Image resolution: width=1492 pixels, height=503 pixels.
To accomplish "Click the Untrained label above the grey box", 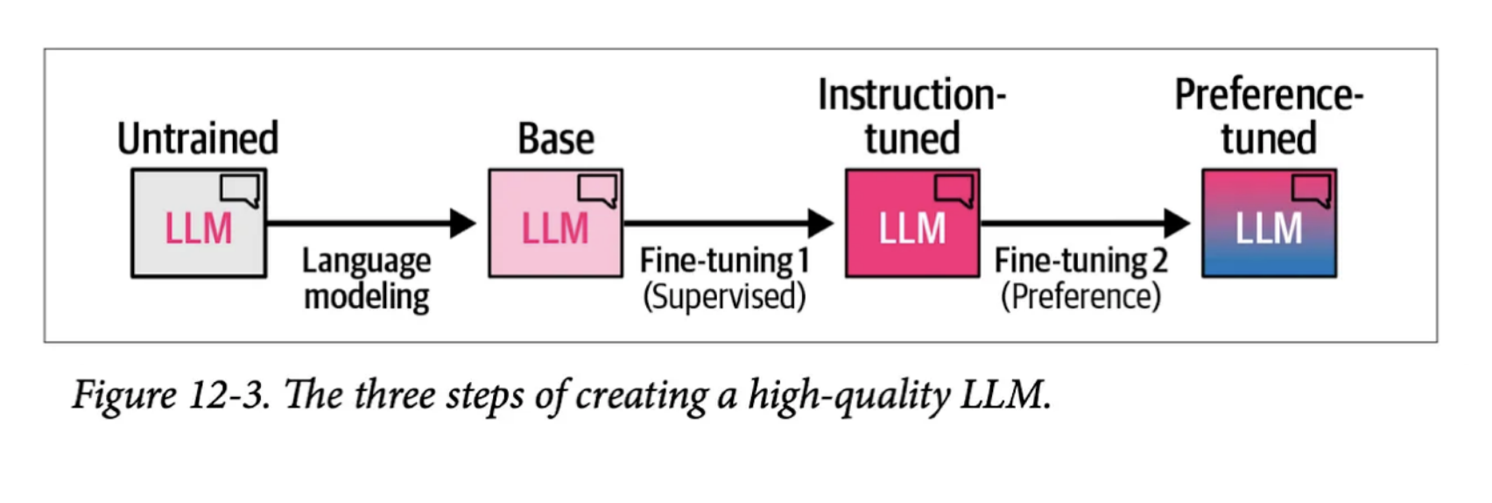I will (198, 138).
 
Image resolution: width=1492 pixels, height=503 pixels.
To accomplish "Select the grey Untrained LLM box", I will (199, 224).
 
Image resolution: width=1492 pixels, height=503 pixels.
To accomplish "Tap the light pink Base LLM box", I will (555, 224).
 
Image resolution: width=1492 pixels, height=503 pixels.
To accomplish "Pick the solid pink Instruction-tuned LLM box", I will (911, 224).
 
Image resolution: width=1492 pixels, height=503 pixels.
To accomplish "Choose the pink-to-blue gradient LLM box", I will (1269, 224).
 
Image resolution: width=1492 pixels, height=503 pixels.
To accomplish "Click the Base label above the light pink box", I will (555, 138).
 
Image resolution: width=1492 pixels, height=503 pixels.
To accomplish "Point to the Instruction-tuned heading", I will (911, 117).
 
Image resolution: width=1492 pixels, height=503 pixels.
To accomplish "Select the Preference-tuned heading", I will (1269, 117).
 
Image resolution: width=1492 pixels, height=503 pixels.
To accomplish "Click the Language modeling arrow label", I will (366, 279).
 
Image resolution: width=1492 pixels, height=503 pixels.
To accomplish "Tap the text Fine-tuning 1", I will (724, 260).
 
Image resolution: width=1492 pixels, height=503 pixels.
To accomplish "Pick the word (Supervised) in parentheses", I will (724, 296).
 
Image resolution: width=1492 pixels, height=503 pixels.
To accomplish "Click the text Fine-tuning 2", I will (1080, 260).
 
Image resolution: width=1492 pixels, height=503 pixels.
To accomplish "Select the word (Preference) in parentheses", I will (1080, 296).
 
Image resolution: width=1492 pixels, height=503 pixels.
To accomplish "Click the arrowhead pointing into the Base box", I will (462, 223).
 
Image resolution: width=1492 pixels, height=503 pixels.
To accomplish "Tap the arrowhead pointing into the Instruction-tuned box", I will (820, 223).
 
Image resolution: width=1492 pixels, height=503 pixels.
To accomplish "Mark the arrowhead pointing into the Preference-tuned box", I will (1177, 223).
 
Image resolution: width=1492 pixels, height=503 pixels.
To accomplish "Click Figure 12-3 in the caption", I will (170, 394).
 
